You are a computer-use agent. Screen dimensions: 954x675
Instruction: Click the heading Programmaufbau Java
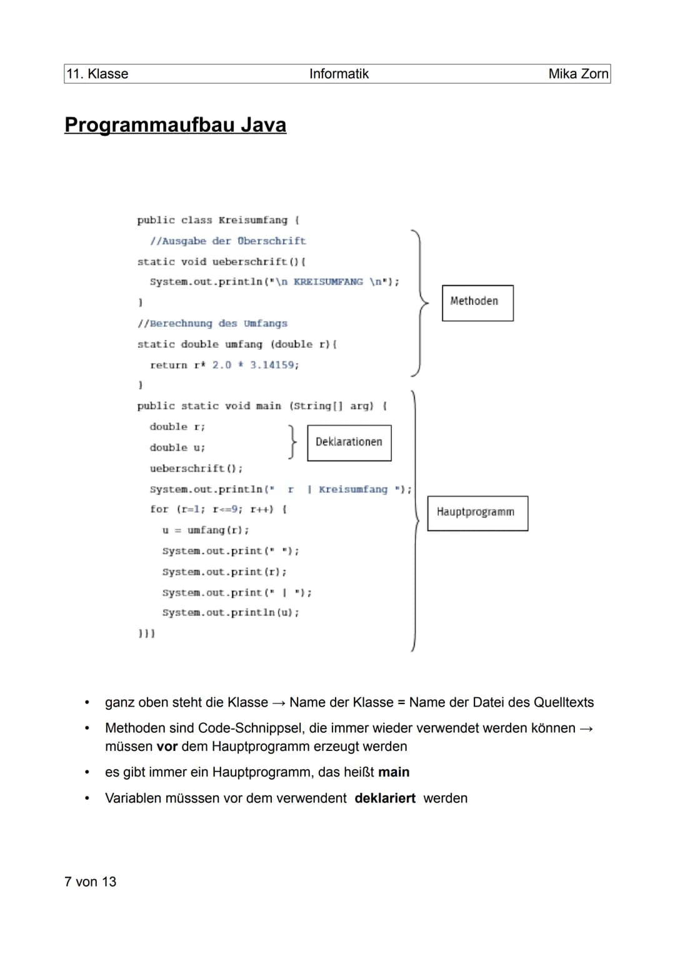click(x=175, y=125)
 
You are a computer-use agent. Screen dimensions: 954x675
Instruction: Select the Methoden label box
click(x=477, y=303)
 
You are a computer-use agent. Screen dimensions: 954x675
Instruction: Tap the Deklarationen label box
click(x=349, y=442)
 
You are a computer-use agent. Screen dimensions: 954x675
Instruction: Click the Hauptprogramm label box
click(x=477, y=513)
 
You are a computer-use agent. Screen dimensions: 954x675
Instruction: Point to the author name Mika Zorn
click(x=577, y=74)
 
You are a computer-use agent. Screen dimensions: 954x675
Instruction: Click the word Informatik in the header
click(x=339, y=74)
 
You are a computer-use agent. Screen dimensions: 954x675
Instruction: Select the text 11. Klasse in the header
click(x=97, y=74)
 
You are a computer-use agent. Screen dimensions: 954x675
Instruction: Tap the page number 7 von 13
click(x=91, y=882)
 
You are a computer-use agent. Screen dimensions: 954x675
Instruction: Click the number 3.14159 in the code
click(x=274, y=365)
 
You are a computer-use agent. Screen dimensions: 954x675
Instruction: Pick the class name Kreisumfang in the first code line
click(x=252, y=220)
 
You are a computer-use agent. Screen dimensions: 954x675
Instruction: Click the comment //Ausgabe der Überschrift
click(x=227, y=241)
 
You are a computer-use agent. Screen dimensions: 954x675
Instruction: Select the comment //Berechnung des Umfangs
click(x=212, y=323)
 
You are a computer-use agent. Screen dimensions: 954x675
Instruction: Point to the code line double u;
click(x=177, y=447)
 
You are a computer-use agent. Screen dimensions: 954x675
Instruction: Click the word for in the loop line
click(x=159, y=509)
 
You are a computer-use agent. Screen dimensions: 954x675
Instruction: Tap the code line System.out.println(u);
click(x=230, y=612)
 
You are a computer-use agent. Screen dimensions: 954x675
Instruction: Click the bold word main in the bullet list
click(x=394, y=772)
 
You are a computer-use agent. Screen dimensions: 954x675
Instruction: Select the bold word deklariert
click(x=385, y=798)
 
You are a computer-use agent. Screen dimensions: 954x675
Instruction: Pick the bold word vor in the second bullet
click(x=167, y=747)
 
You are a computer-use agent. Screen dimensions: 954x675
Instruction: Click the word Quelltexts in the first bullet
click(x=563, y=702)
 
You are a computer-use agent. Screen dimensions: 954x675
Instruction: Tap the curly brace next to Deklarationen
click(x=292, y=442)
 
